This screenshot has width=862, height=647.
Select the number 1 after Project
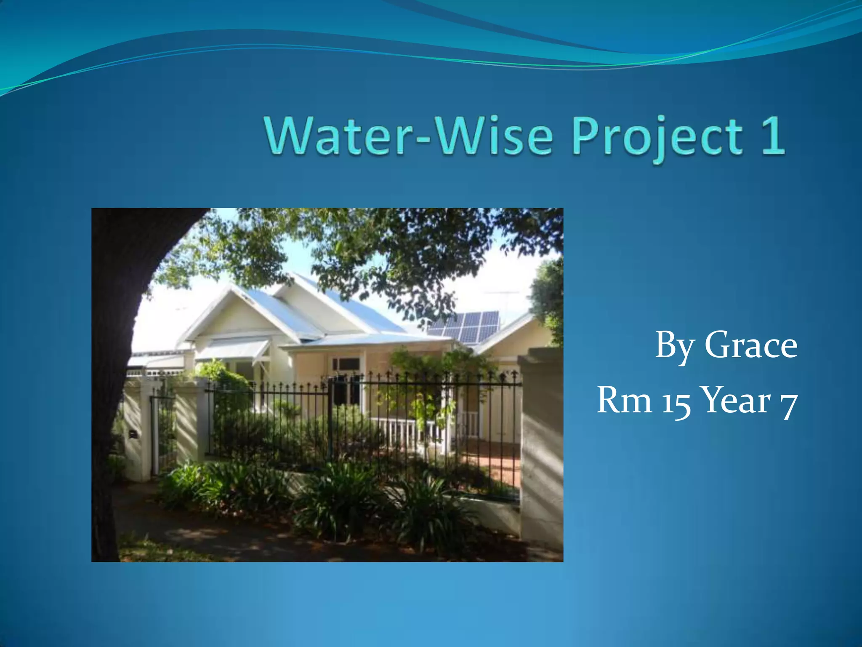point(772,136)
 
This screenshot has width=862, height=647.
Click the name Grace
point(750,345)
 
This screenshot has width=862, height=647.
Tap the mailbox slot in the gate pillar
point(133,433)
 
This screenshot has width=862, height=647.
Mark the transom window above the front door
point(346,363)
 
